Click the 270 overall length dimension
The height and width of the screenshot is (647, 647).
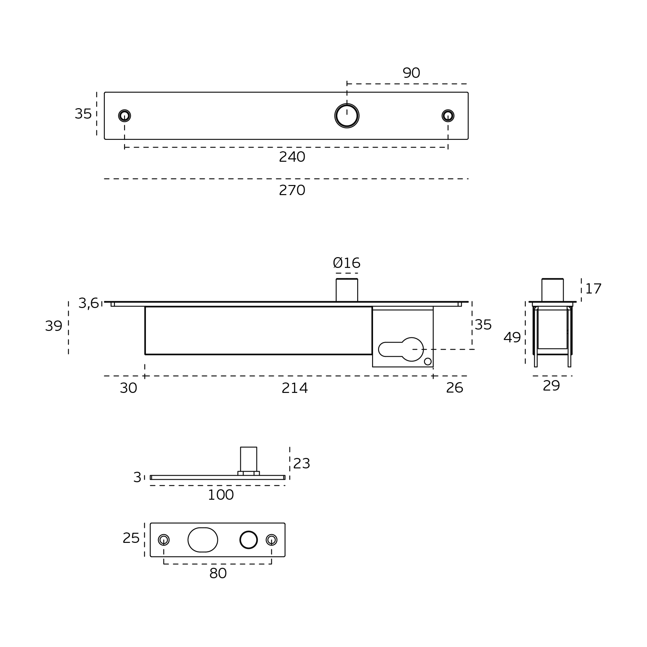coord(292,190)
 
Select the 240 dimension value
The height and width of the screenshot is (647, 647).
coord(292,157)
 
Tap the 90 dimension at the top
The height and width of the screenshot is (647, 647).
coord(411,73)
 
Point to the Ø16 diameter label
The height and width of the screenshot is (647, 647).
coord(346,263)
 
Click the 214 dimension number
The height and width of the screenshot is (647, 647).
coord(295,388)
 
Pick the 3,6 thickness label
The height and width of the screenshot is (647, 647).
coord(88,303)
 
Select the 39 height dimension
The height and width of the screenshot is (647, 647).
coord(54,326)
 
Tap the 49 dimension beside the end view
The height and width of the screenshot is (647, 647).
coord(512,338)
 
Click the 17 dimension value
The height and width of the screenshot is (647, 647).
coord(593,289)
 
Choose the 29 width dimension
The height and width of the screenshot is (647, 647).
coord(551,386)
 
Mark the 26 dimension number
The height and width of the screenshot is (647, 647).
coord(455,388)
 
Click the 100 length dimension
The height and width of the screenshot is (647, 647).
coord(221,495)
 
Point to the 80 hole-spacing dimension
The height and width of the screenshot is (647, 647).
coord(218,574)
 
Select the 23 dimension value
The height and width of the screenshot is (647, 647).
coord(301,464)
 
